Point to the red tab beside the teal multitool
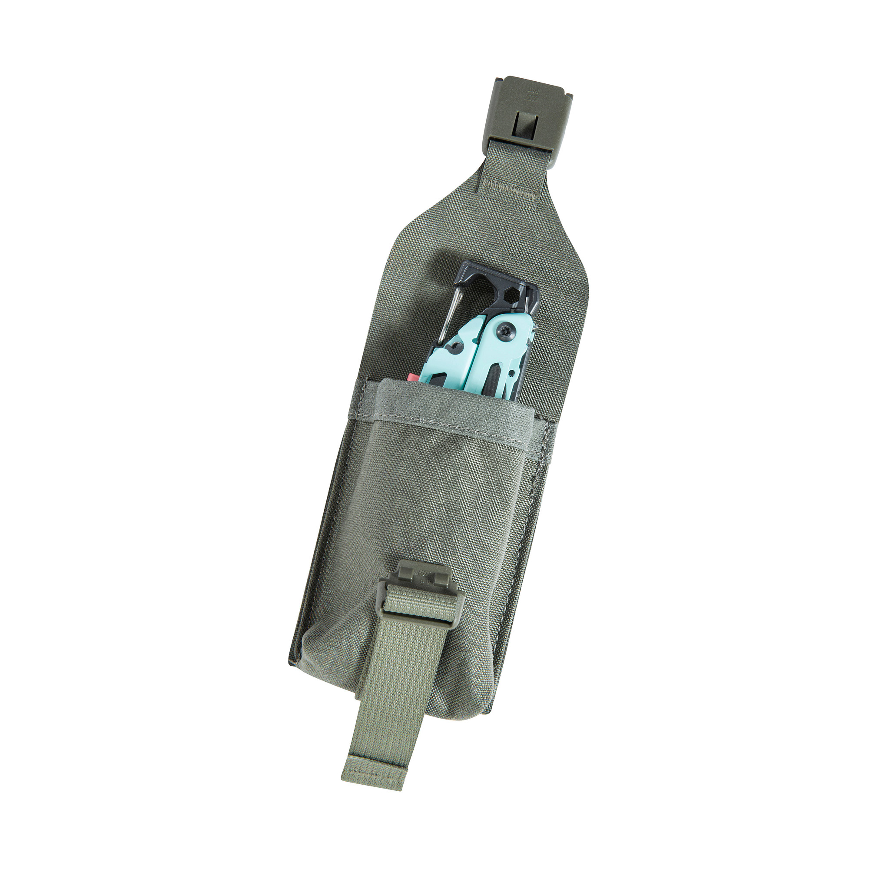click(x=413, y=377)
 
